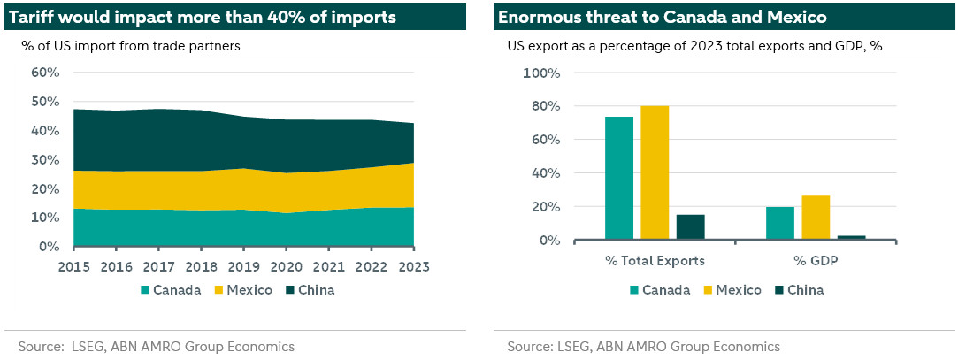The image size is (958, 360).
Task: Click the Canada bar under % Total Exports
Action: pos(619,178)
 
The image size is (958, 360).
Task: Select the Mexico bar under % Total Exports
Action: pos(655,172)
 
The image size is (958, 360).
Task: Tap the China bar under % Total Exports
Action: pos(690,226)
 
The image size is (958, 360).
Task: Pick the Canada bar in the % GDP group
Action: pos(780,223)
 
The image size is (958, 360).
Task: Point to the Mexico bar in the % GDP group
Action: pos(816,218)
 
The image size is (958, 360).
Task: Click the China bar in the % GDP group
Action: pos(851,237)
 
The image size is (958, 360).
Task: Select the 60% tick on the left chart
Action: pos(44,73)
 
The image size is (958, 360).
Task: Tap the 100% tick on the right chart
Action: pos(542,73)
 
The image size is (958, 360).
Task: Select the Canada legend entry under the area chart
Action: pos(170,289)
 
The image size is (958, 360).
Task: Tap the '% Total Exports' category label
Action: pos(655,260)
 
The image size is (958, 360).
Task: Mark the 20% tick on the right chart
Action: pos(546,207)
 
